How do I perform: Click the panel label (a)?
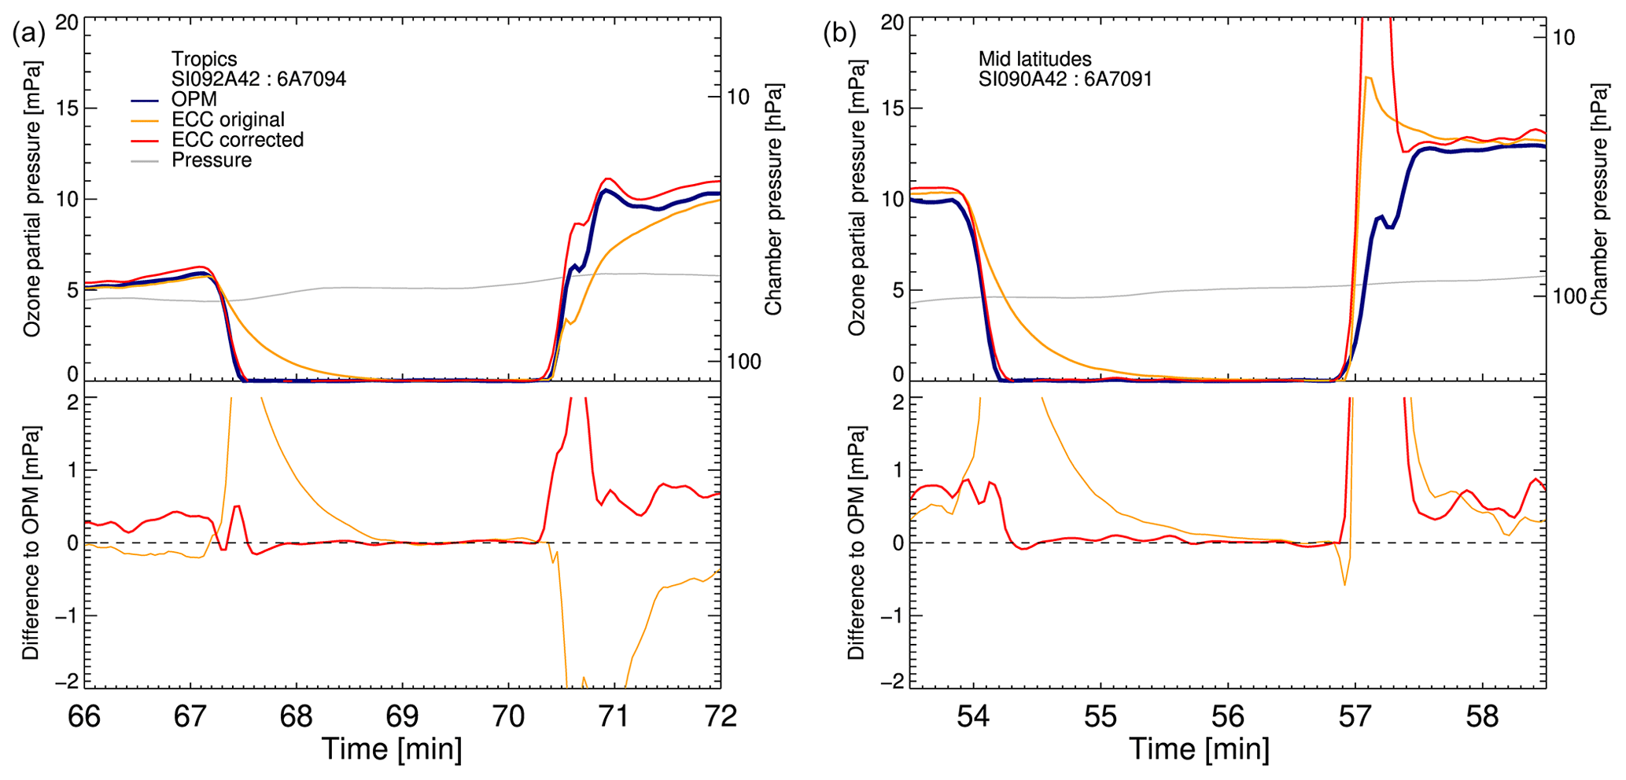tap(28, 33)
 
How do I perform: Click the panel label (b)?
tap(839, 33)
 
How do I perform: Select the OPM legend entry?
tap(194, 100)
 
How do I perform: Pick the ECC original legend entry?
tap(227, 120)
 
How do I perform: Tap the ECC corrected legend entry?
tap(237, 140)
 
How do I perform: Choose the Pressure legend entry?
tap(212, 160)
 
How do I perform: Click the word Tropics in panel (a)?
tap(204, 59)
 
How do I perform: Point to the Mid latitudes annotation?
tap(1034, 59)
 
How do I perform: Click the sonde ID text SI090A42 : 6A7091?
tap(1064, 79)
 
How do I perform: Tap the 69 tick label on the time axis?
tap(402, 717)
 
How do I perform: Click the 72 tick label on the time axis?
tap(720, 717)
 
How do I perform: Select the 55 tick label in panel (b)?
tap(1101, 717)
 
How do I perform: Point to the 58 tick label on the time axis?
tap(1482, 717)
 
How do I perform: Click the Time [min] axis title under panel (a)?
tap(391, 749)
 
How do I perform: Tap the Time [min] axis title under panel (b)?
tap(1199, 749)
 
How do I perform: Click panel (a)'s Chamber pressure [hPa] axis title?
tap(774, 199)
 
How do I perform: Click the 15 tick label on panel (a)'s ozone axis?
tap(68, 109)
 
